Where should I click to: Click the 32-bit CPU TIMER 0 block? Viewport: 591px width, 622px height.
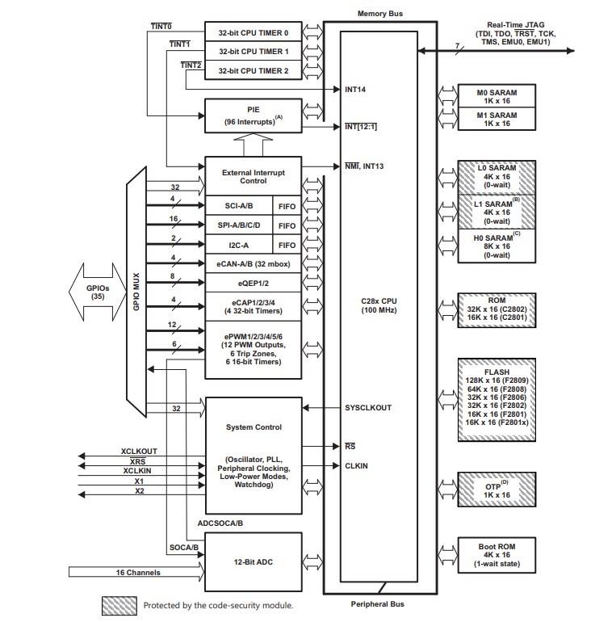[253, 32]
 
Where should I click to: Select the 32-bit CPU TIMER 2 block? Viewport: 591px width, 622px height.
[253, 70]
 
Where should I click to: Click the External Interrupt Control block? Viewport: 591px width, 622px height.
[253, 176]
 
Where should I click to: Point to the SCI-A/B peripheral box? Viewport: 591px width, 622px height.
[239, 205]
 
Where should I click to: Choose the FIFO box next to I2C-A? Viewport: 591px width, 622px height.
[287, 244]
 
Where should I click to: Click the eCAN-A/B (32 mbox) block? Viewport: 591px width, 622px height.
[253, 263]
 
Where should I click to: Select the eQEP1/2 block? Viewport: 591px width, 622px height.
[253, 284]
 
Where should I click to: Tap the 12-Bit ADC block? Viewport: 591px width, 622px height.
[253, 562]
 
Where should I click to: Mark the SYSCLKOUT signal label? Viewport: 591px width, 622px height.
[367, 408]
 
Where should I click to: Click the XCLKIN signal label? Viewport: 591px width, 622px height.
[140, 470]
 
